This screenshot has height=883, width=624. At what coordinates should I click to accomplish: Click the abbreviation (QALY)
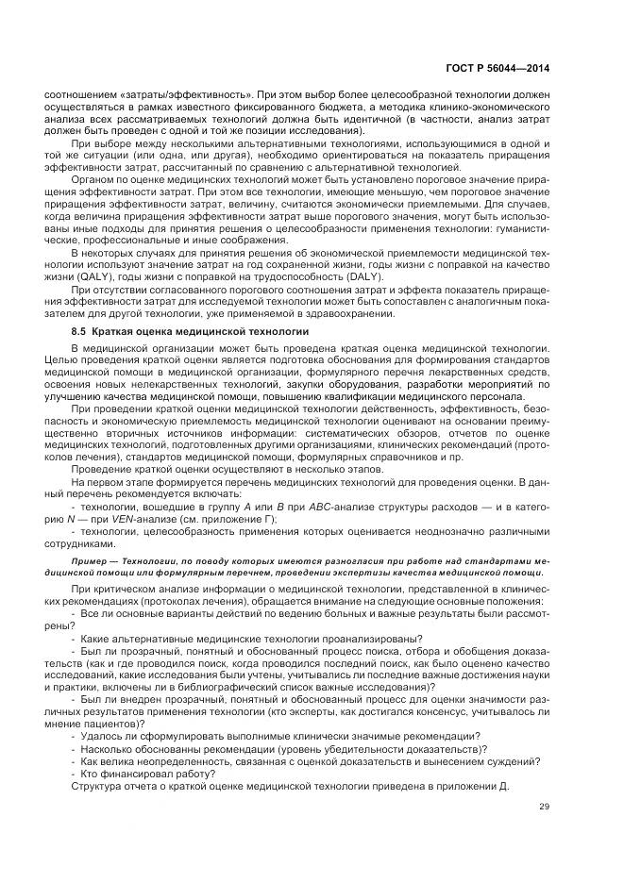click(98, 279)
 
